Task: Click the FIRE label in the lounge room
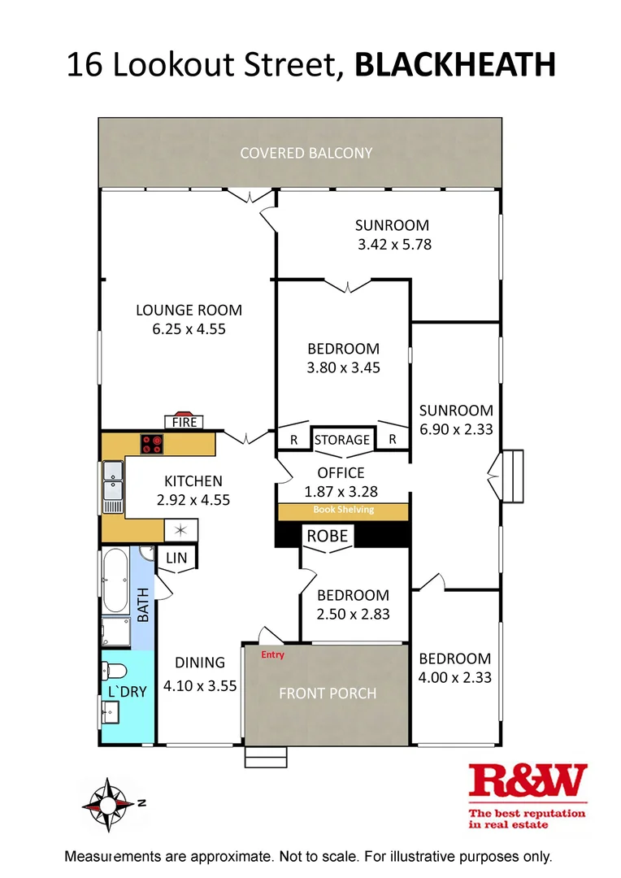(x=184, y=422)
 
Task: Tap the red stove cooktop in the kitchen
(x=152, y=444)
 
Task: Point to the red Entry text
(x=272, y=654)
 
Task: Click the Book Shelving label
(x=343, y=511)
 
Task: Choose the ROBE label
(x=327, y=536)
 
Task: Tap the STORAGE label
(x=342, y=440)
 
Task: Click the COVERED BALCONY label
(x=306, y=153)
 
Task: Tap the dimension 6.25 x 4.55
(x=189, y=329)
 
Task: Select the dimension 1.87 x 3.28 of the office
(x=341, y=491)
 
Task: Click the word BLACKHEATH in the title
(x=455, y=65)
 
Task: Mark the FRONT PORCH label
(x=328, y=693)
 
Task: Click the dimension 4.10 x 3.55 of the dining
(x=200, y=685)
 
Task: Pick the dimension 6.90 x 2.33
(x=456, y=430)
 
